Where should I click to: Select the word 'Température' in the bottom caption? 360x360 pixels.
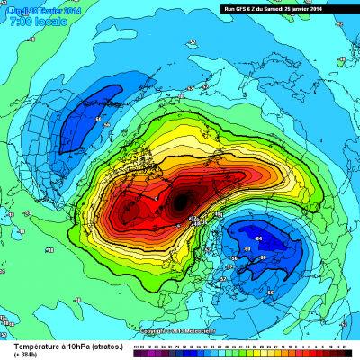[x=35, y=346]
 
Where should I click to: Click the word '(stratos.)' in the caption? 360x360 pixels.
[x=100, y=346]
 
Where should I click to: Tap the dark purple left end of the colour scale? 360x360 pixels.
[x=135, y=353]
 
